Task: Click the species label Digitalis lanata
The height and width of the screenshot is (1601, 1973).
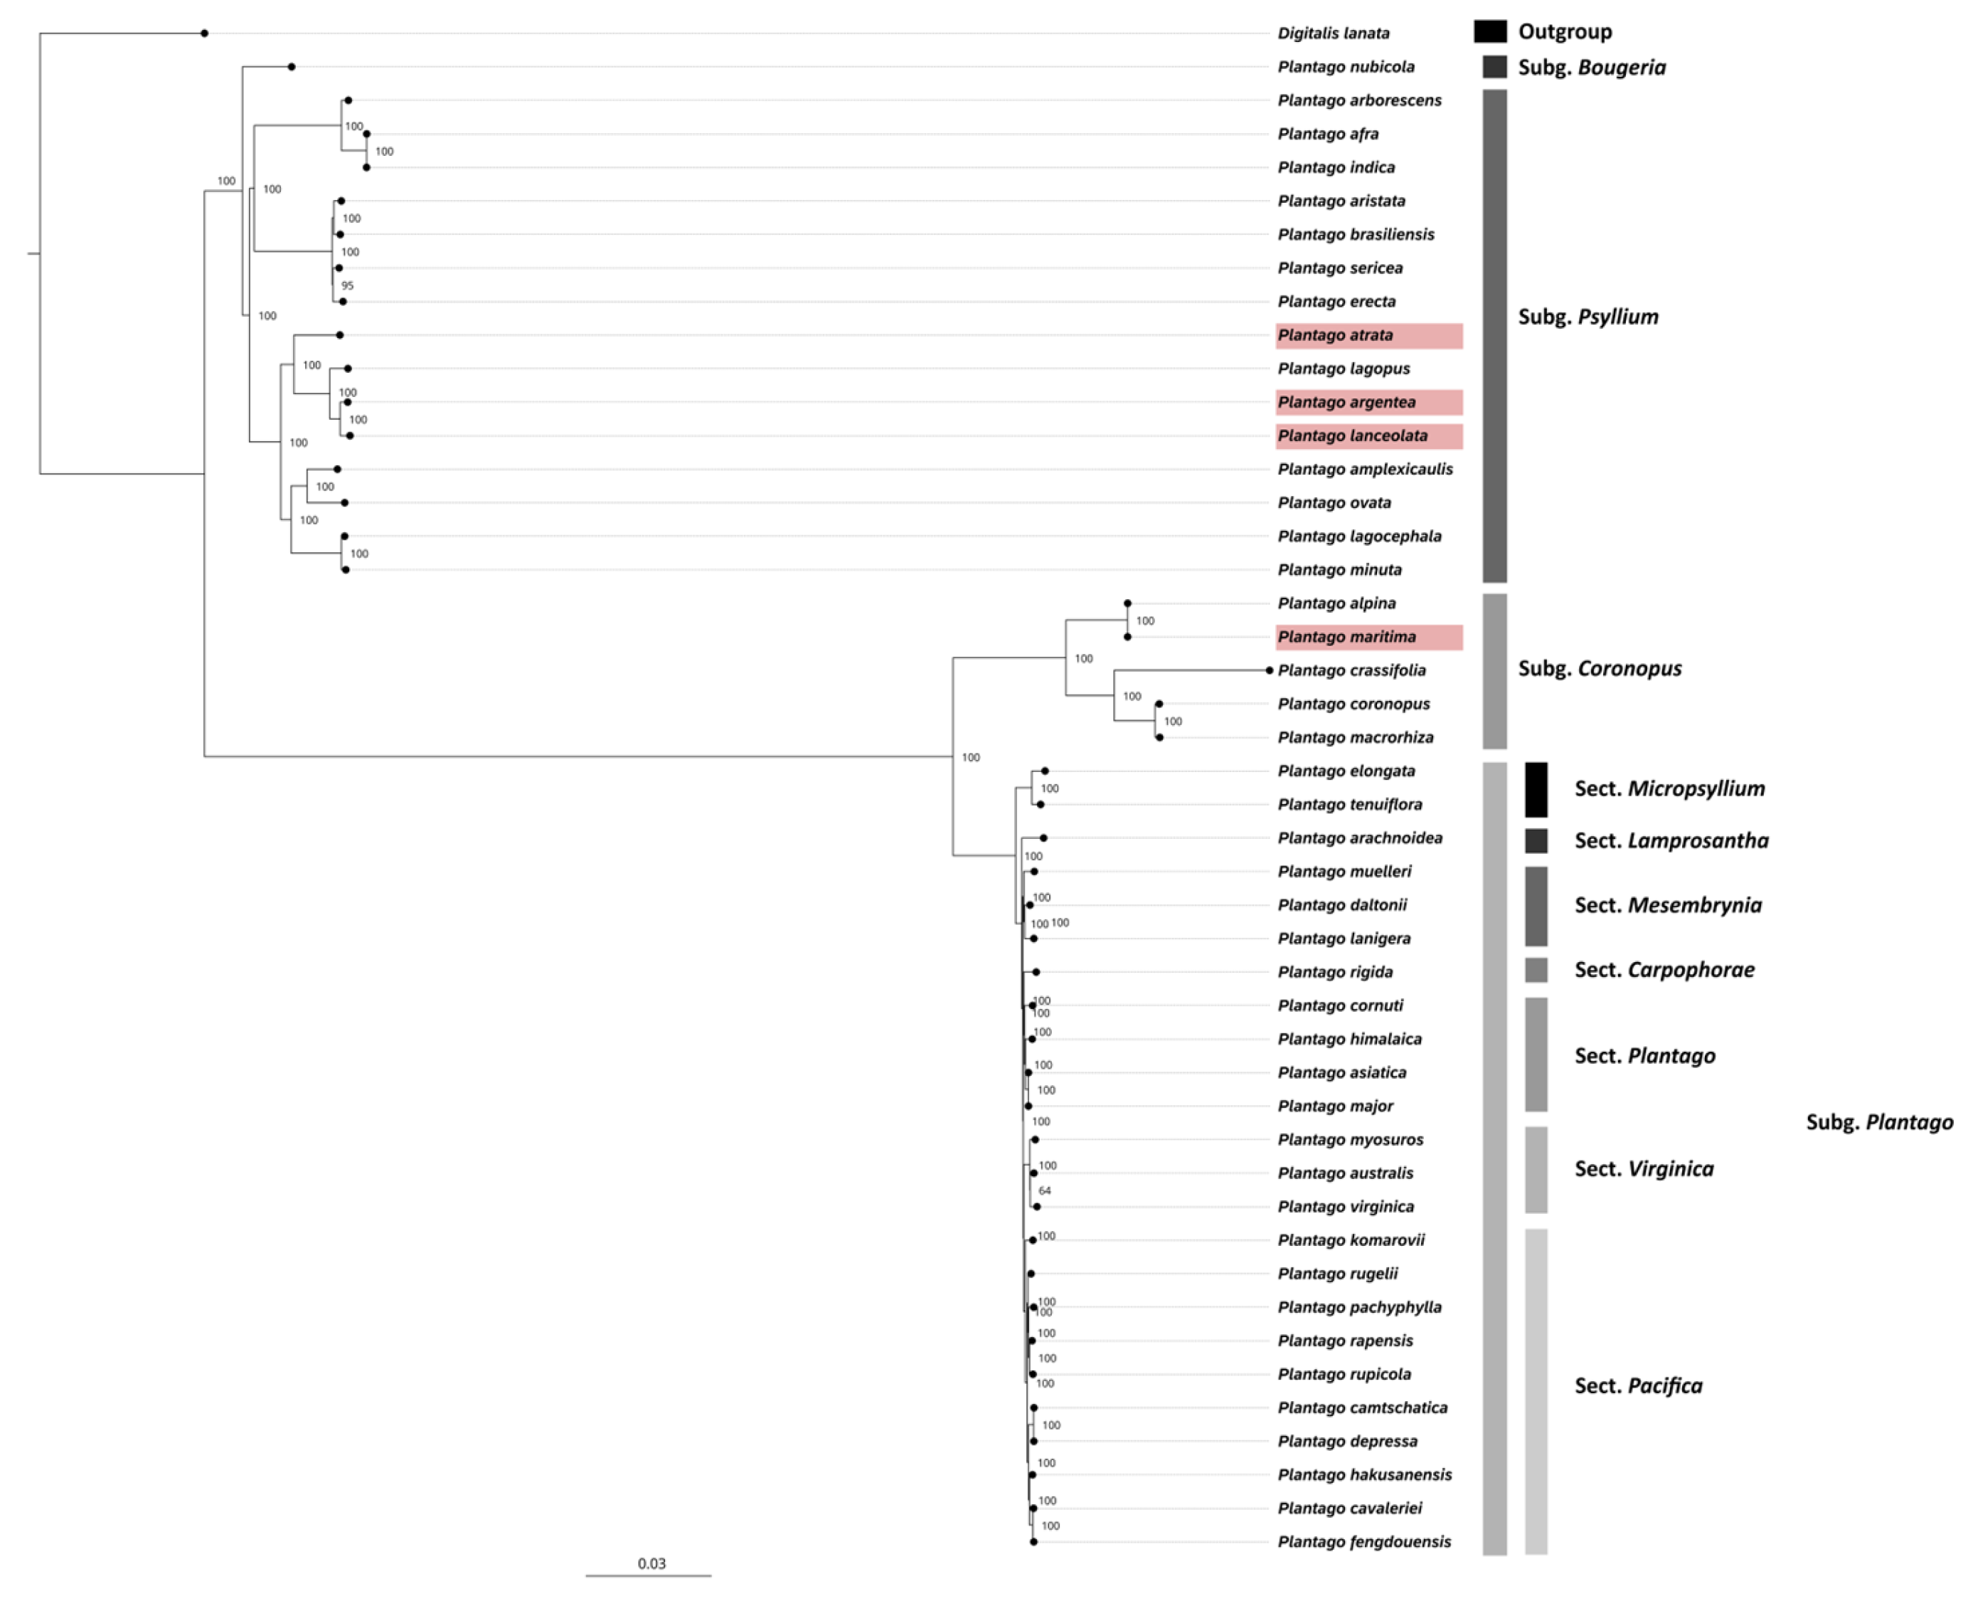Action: [1332, 33]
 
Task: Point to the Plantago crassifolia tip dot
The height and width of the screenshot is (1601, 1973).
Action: [1270, 670]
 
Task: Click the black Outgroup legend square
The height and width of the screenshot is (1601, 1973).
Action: [1490, 31]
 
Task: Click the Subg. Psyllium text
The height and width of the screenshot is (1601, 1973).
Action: [1588, 317]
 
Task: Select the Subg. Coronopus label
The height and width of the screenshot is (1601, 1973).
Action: [1600, 669]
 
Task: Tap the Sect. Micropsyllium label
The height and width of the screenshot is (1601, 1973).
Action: [1669, 788]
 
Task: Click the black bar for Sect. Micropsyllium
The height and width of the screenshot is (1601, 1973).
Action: [1536, 789]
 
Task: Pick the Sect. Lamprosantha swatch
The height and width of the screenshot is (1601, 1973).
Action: [1536, 840]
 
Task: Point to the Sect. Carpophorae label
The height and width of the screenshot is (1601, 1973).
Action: [1664, 970]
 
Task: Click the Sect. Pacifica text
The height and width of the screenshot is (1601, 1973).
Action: [1638, 1386]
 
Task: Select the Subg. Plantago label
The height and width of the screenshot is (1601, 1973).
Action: [1879, 1122]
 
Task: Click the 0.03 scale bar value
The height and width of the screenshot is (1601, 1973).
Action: [652, 1563]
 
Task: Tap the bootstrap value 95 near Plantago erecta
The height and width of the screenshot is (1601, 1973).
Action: [348, 286]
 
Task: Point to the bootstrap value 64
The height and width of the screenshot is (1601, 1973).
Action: [1045, 1190]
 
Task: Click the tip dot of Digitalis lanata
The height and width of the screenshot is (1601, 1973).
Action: [205, 33]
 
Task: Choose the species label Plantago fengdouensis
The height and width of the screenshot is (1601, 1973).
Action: [1363, 1542]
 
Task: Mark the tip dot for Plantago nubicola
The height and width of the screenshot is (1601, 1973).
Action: [292, 66]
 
